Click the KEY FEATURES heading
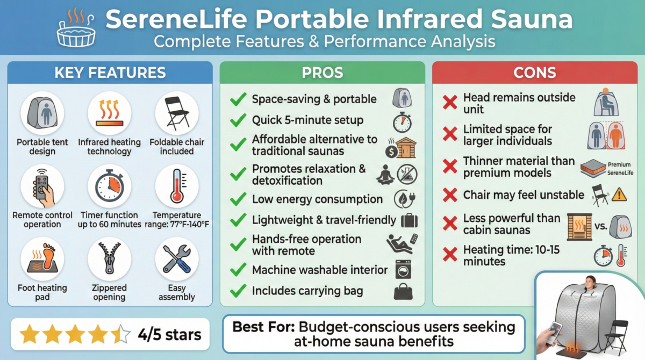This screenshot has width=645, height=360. click(x=110, y=73)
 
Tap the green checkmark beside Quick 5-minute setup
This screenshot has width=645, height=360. click(x=238, y=120)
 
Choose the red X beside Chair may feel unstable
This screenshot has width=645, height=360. click(x=449, y=195)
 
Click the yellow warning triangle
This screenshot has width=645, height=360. click(x=619, y=194)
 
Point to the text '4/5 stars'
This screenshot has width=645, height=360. click(x=169, y=335)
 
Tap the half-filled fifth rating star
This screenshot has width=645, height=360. click(x=122, y=335)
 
